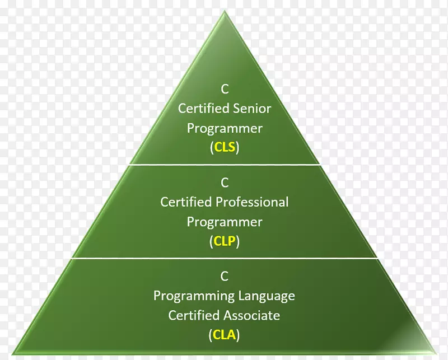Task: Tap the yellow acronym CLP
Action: [225, 242]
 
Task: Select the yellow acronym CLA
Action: [225, 335]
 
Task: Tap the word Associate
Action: [251, 315]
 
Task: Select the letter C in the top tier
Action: [225, 88]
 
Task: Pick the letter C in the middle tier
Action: [225, 182]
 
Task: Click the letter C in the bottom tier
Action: [225, 275]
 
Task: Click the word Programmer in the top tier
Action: [225, 128]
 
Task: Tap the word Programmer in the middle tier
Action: [225, 222]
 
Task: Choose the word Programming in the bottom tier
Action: [194, 295]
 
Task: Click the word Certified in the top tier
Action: [201, 108]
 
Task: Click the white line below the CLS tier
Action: [225, 165]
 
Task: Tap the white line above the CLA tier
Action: [225, 258]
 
